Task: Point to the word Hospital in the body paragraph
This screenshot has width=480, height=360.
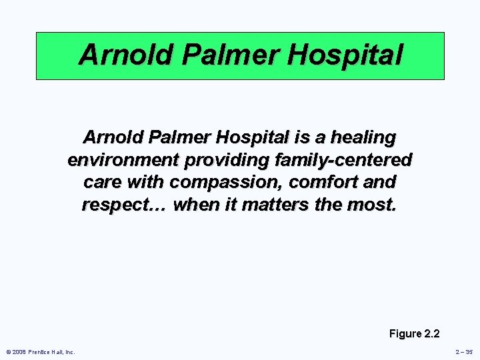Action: [251, 138]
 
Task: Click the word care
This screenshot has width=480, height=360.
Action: [102, 182]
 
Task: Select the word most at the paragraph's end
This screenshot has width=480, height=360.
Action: [374, 204]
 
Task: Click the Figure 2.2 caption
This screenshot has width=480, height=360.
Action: [414, 333]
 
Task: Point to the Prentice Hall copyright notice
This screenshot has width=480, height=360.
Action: [41, 352]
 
